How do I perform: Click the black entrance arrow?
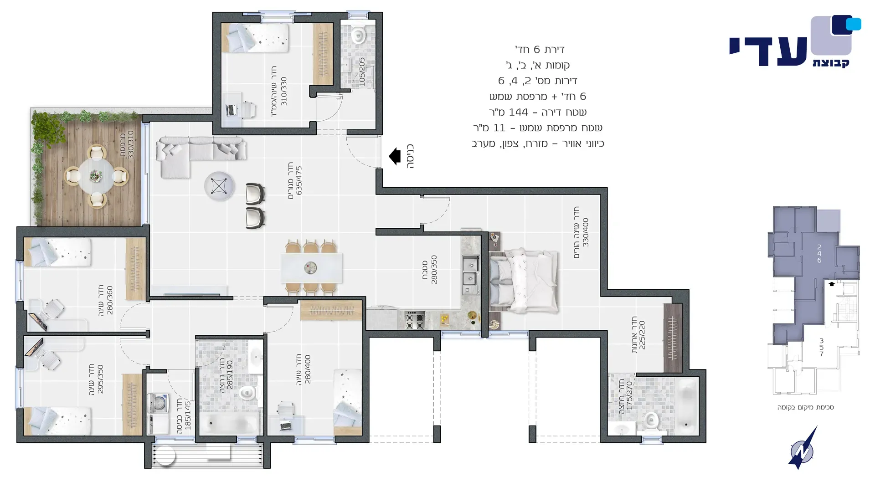tap(395, 156)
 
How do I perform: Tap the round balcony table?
tap(96, 175)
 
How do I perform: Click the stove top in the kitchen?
tap(415, 320)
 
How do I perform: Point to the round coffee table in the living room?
tap(219, 186)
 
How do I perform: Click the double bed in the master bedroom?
tap(524, 280)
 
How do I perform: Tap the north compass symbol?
tap(803, 448)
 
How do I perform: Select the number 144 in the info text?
tap(519, 112)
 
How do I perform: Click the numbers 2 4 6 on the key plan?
tap(819, 254)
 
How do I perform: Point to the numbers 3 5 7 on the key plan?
tap(821, 347)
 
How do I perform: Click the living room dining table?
tap(311, 268)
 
